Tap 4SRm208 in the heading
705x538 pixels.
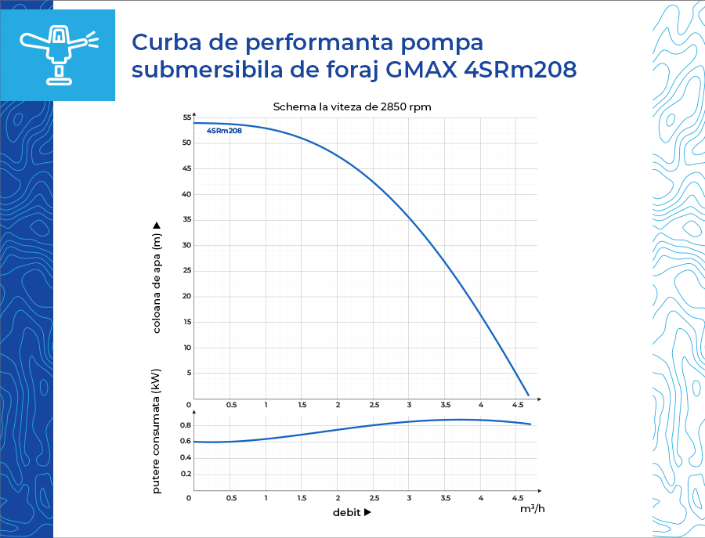pyautogui.click(x=520, y=70)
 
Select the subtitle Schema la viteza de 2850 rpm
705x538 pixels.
pyautogui.click(x=352, y=107)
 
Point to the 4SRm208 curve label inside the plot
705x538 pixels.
pyautogui.click(x=224, y=131)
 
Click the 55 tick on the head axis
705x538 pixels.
pyautogui.click(x=187, y=117)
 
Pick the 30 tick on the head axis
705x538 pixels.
pyautogui.click(x=187, y=245)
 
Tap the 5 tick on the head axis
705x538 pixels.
pyautogui.click(x=189, y=373)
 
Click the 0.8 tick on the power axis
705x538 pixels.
pyautogui.click(x=186, y=425)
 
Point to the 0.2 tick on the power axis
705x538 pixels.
pyautogui.click(x=186, y=474)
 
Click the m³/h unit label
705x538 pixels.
pyautogui.click(x=532, y=509)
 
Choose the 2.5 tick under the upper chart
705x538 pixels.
pyautogui.click(x=374, y=405)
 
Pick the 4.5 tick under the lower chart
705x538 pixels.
pyautogui.click(x=518, y=498)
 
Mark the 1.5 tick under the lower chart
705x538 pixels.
pyautogui.click(x=302, y=498)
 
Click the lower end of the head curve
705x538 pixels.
pyautogui.click(x=528, y=395)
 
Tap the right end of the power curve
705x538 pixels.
pyautogui.click(x=530, y=424)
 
